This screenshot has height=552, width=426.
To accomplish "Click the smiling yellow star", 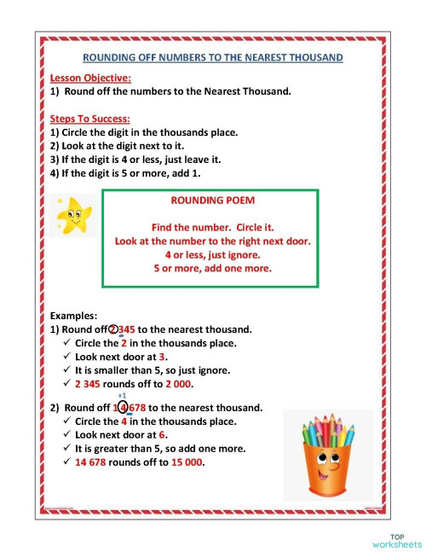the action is click(73, 215).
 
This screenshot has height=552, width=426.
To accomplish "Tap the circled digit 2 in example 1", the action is click(115, 329).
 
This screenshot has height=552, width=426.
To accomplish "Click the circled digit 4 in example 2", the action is click(124, 407).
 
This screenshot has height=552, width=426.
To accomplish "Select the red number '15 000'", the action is click(186, 462).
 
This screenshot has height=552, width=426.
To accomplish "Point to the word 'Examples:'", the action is click(74, 315).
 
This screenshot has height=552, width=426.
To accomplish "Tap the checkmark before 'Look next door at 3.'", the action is click(67, 357).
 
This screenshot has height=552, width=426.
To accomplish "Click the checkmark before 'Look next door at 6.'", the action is click(67, 434).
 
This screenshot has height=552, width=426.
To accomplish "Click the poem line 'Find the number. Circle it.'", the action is click(210, 229).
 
